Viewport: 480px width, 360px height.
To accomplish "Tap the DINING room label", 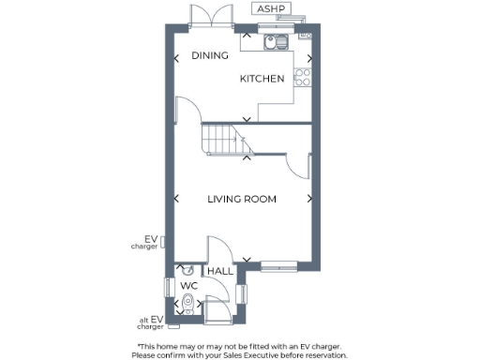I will [210, 56].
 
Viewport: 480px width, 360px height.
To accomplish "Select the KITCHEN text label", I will [262, 80].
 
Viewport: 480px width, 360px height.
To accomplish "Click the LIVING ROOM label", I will [241, 199].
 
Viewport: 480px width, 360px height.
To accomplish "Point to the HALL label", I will [220, 271].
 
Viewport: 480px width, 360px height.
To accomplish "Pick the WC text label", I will [188, 285].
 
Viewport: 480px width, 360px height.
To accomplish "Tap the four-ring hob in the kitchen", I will [303, 77].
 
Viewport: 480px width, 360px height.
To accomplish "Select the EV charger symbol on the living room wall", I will [165, 243].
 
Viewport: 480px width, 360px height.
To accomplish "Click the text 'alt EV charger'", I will [150, 323].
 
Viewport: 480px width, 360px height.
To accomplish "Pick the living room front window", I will [279, 265].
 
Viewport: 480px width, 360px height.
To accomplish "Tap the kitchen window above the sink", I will [277, 28].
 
